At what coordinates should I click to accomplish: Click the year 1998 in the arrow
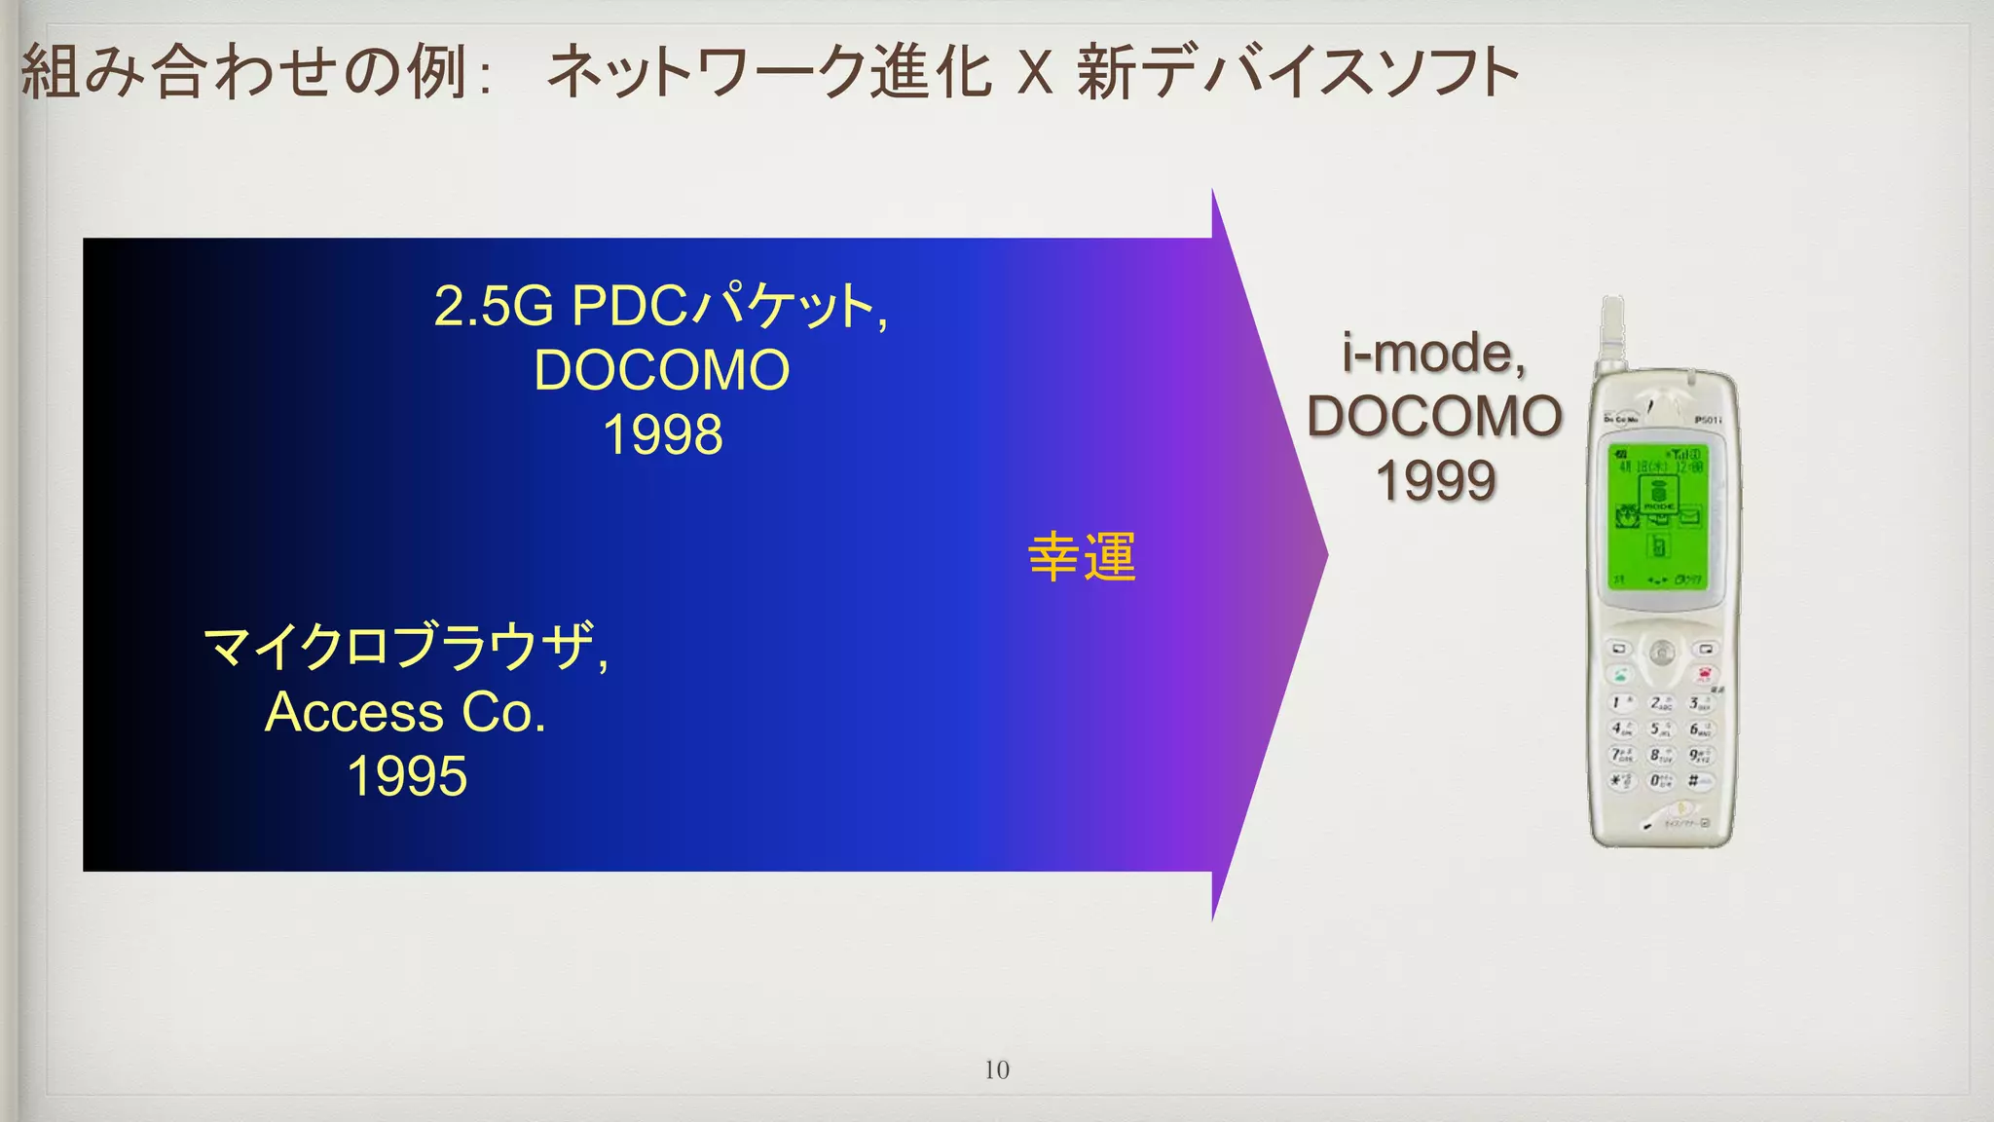click(x=663, y=434)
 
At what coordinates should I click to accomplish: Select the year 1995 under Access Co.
click(x=407, y=776)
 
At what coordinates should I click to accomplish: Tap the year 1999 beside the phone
click(x=1435, y=480)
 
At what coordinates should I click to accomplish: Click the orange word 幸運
click(x=1082, y=557)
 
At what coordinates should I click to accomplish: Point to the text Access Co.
click(x=405, y=712)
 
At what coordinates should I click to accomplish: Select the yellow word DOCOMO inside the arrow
click(x=662, y=370)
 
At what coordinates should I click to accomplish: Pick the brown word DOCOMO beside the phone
click(x=1434, y=416)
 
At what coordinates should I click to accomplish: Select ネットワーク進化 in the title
click(x=769, y=72)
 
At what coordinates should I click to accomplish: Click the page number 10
click(x=996, y=1069)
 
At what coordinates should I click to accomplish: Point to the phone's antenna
click(x=1613, y=331)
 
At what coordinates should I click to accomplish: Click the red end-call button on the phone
click(x=1704, y=674)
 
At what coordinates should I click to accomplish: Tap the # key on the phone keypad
click(x=1695, y=780)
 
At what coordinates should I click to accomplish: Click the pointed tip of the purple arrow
click(x=1325, y=555)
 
